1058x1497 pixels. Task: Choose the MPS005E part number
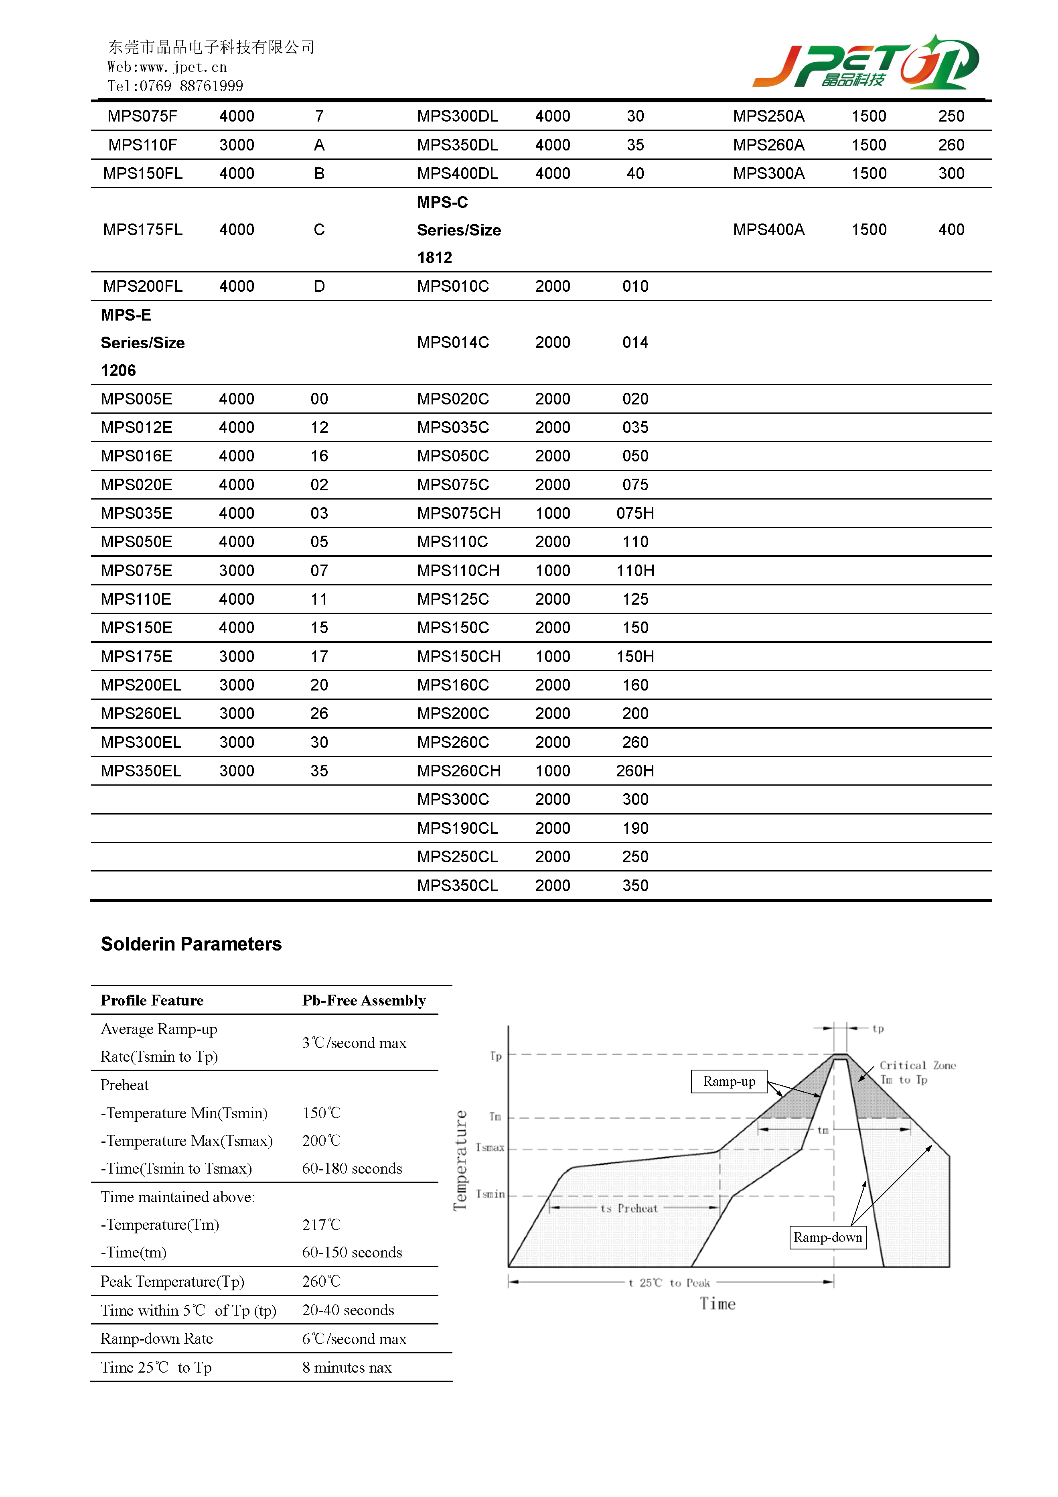tap(136, 399)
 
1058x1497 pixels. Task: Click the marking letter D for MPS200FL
tap(319, 286)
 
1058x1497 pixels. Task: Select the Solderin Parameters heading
tap(191, 944)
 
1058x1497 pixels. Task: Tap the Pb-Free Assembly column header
tap(364, 1000)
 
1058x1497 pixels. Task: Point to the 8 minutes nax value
tap(347, 1367)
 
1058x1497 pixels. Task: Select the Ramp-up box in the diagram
tap(729, 1081)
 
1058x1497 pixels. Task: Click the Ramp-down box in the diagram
tap(827, 1237)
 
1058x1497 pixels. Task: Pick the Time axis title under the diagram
tap(718, 1303)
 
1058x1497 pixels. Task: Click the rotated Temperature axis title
tap(460, 1160)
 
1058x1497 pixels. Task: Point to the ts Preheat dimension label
tap(628, 1208)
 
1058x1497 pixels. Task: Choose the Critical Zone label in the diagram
tap(917, 1065)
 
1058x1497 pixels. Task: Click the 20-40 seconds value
tap(348, 1310)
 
